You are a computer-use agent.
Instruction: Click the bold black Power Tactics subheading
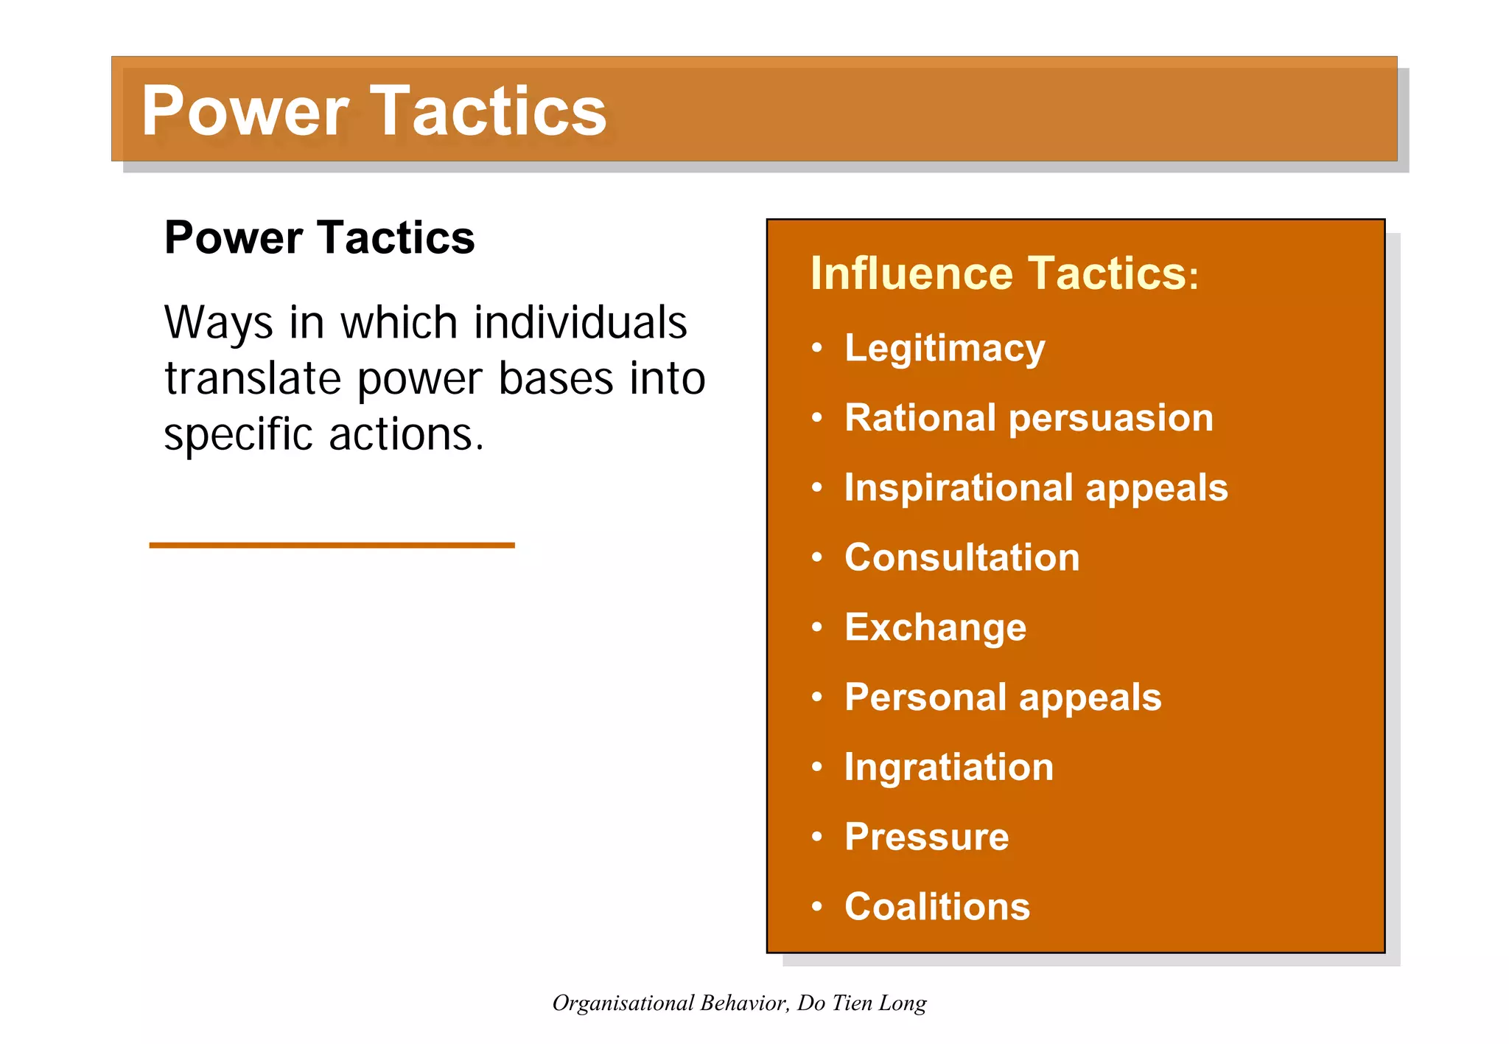(319, 237)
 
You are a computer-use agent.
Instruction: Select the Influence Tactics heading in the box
(1004, 274)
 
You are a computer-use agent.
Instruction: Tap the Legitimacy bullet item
(945, 348)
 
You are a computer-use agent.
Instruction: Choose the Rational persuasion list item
(1028, 418)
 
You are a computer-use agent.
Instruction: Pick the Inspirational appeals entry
(1035, 488)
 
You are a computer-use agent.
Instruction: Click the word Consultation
(962, 557)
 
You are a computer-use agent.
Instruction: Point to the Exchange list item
(935, 627)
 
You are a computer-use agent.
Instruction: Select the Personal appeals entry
(1002, 697)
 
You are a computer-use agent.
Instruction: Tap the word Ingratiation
(949, 768)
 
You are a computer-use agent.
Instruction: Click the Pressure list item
(926, 837)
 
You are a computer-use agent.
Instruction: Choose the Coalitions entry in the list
(936, 907)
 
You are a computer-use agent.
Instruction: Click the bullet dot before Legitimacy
(816, 348)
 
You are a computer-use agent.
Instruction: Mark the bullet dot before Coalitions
(816, 907)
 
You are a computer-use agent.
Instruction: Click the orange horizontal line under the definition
(332, 545)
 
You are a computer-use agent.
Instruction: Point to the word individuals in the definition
(580, 323)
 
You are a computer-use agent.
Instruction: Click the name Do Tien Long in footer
(861, 1003)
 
